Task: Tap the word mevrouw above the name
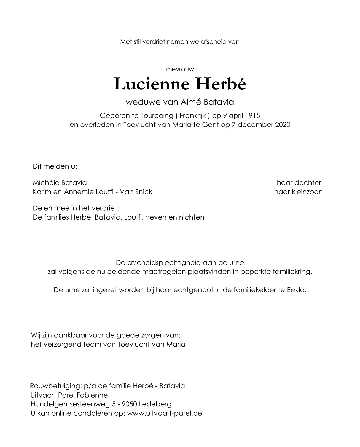(x=180, y=69)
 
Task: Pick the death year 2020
(x=283, y=125)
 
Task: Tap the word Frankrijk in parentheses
(x=192, y=116)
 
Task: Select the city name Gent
(x=211, y=125)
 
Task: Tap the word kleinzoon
(x=307, y=192)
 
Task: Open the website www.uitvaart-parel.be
(x=165, y=413)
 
